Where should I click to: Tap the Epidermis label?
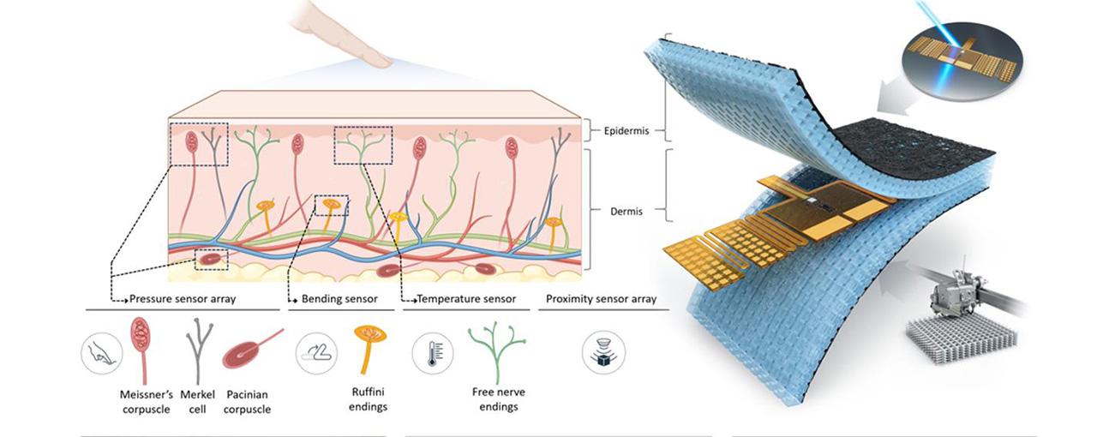(x=625, y=131)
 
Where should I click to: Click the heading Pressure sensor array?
(x=182, y=299)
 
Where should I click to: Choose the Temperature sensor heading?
(x=465, y=299)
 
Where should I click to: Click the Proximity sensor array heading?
(x=602, y=299)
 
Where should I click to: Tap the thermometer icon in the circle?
(x=433, y=352)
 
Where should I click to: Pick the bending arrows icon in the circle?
(x=316, y=352)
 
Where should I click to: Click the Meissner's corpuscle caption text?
(x=147, y=402)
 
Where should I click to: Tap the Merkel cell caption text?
(x=203, y=402)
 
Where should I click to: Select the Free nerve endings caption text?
(x=498, y=399)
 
